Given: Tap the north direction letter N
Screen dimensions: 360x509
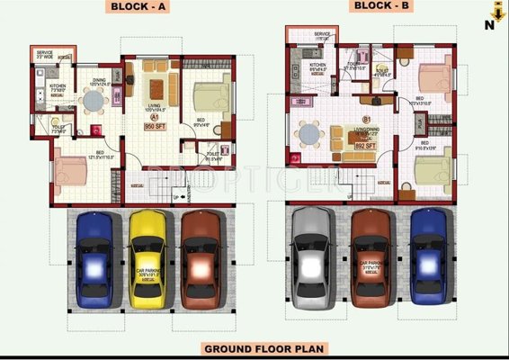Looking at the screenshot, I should [489, 25].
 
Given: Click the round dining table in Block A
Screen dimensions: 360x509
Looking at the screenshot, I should [94, 102].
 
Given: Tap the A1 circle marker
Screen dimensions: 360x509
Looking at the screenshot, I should [155, 117].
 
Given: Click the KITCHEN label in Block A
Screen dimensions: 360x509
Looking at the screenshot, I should [56, 87].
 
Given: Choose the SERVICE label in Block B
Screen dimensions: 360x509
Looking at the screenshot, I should [322, 34].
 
